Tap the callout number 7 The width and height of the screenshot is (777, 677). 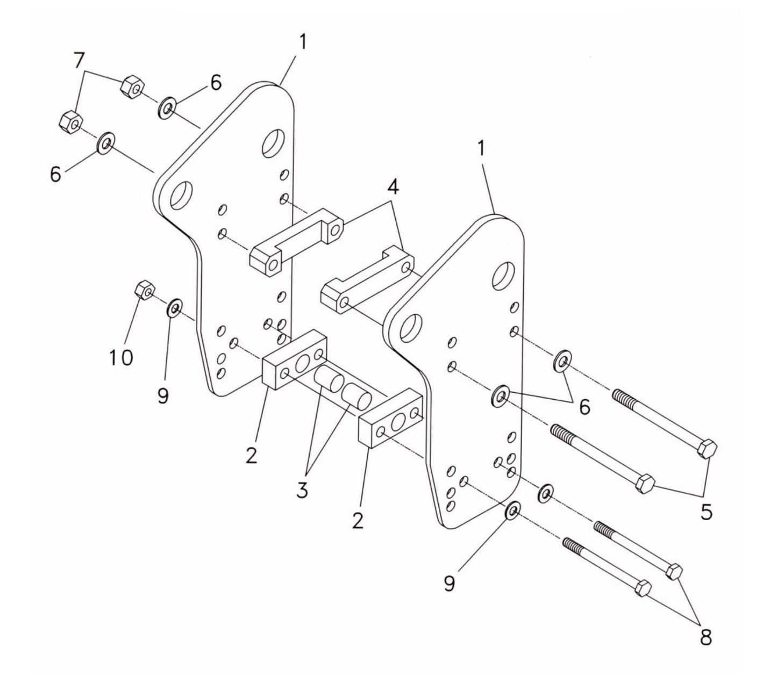(79, 61)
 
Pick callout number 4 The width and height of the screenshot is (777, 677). (394, 188)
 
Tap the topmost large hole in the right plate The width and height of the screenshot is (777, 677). (504, 276)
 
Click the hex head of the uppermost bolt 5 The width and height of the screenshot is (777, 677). (707, 449)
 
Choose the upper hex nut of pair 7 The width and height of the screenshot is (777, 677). (132, 85)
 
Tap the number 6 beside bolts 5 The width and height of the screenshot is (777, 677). (584, 407)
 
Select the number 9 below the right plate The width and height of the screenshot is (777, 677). (449, 582)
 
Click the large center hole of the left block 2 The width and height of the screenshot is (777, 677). (302, 363)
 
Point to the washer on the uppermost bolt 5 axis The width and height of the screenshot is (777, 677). (562, 361)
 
